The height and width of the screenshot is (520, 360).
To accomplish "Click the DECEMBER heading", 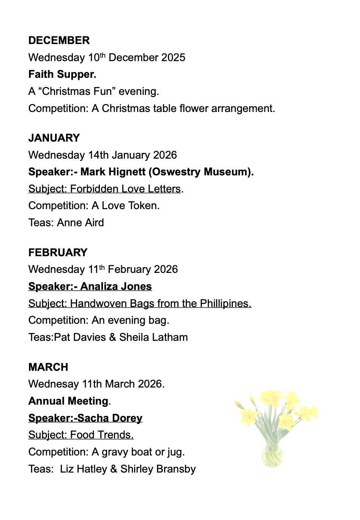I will point(59,41).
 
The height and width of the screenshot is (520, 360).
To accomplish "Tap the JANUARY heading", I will point(54,138).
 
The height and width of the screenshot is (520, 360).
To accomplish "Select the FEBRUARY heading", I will point(58,252).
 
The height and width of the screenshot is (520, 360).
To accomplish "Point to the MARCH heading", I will point(48,367).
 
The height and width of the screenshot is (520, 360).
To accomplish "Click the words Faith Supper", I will point(62,74).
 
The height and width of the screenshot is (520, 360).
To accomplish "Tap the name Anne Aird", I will point(80,223).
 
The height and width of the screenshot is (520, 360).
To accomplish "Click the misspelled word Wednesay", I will point(54,384).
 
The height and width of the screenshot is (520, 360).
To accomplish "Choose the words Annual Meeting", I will point(68,401).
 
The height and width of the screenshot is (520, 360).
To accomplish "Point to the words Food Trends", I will point(102,435).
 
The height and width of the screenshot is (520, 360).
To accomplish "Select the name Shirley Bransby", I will point(158,469).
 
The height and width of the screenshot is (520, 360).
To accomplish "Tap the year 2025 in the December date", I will point(173,58).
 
